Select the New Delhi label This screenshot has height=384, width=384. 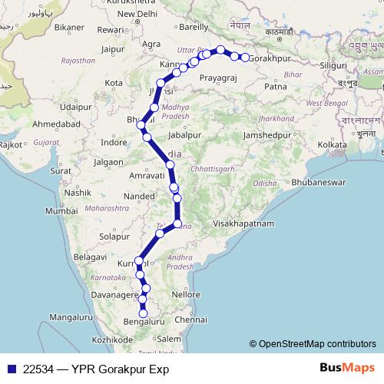pos(137,14)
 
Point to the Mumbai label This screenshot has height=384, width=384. pos(61,210)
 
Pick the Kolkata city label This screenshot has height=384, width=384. pos(333,144)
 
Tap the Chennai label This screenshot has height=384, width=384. pos(190,319)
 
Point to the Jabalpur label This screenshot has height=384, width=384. pos(184,134)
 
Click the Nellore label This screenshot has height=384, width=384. pos(186,293)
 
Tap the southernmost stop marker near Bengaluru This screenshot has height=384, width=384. pos(143,313)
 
